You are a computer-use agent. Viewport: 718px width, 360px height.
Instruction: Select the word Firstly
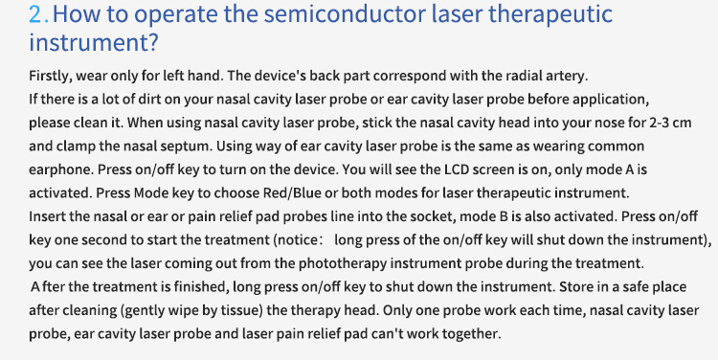point(51,76)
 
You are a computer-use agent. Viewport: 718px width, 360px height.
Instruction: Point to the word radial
point(525,76)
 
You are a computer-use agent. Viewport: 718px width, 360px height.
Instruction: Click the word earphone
point(61,170)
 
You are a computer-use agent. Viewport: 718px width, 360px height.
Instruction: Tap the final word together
point(466,334)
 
